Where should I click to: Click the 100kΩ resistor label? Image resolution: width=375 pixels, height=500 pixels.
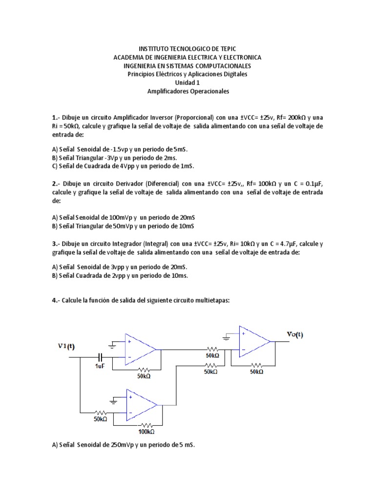[146, 432]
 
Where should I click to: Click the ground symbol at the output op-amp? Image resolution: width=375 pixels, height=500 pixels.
[227, 336]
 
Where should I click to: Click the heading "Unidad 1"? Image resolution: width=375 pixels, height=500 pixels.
[187, 83]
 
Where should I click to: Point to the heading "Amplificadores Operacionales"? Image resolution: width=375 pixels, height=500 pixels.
[187, 91]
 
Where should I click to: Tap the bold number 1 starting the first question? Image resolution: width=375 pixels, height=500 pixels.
[54, 118]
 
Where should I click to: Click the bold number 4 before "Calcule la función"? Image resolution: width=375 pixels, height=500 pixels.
[54, 301]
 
